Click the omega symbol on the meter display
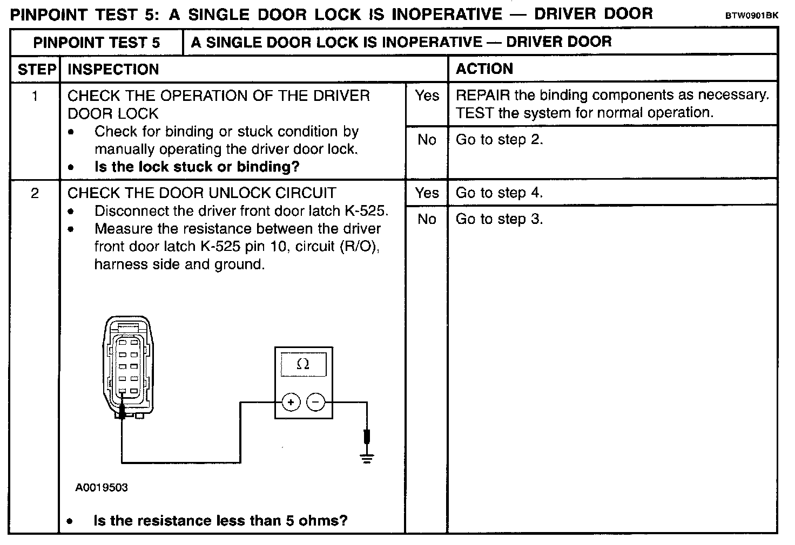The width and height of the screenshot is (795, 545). (303, 365)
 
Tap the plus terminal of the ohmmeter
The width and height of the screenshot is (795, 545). (291, 402)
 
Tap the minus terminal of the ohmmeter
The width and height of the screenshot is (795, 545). (316, 402)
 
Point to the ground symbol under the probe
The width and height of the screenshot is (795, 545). (367, 459)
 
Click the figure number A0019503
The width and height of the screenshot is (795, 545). (102, 488)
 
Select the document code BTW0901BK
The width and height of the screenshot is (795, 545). (751, 16)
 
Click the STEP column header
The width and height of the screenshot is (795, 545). (36, 70)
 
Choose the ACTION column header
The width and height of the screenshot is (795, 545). (484, 69)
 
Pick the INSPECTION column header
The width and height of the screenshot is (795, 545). (113, 70)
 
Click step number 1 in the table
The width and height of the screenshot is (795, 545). (35, 97)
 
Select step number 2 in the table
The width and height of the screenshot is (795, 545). (35, 193)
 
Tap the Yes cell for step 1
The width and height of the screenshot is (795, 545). (427, 96)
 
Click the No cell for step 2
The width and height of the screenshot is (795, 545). (427, 219)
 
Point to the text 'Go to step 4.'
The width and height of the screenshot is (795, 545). (499, 193)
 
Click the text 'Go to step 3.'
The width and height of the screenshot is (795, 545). (499, 219)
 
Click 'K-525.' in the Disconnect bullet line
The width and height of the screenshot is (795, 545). (367, 211)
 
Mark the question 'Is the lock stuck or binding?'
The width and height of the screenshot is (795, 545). (197, 167)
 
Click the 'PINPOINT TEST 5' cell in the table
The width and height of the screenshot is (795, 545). (97, 43)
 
